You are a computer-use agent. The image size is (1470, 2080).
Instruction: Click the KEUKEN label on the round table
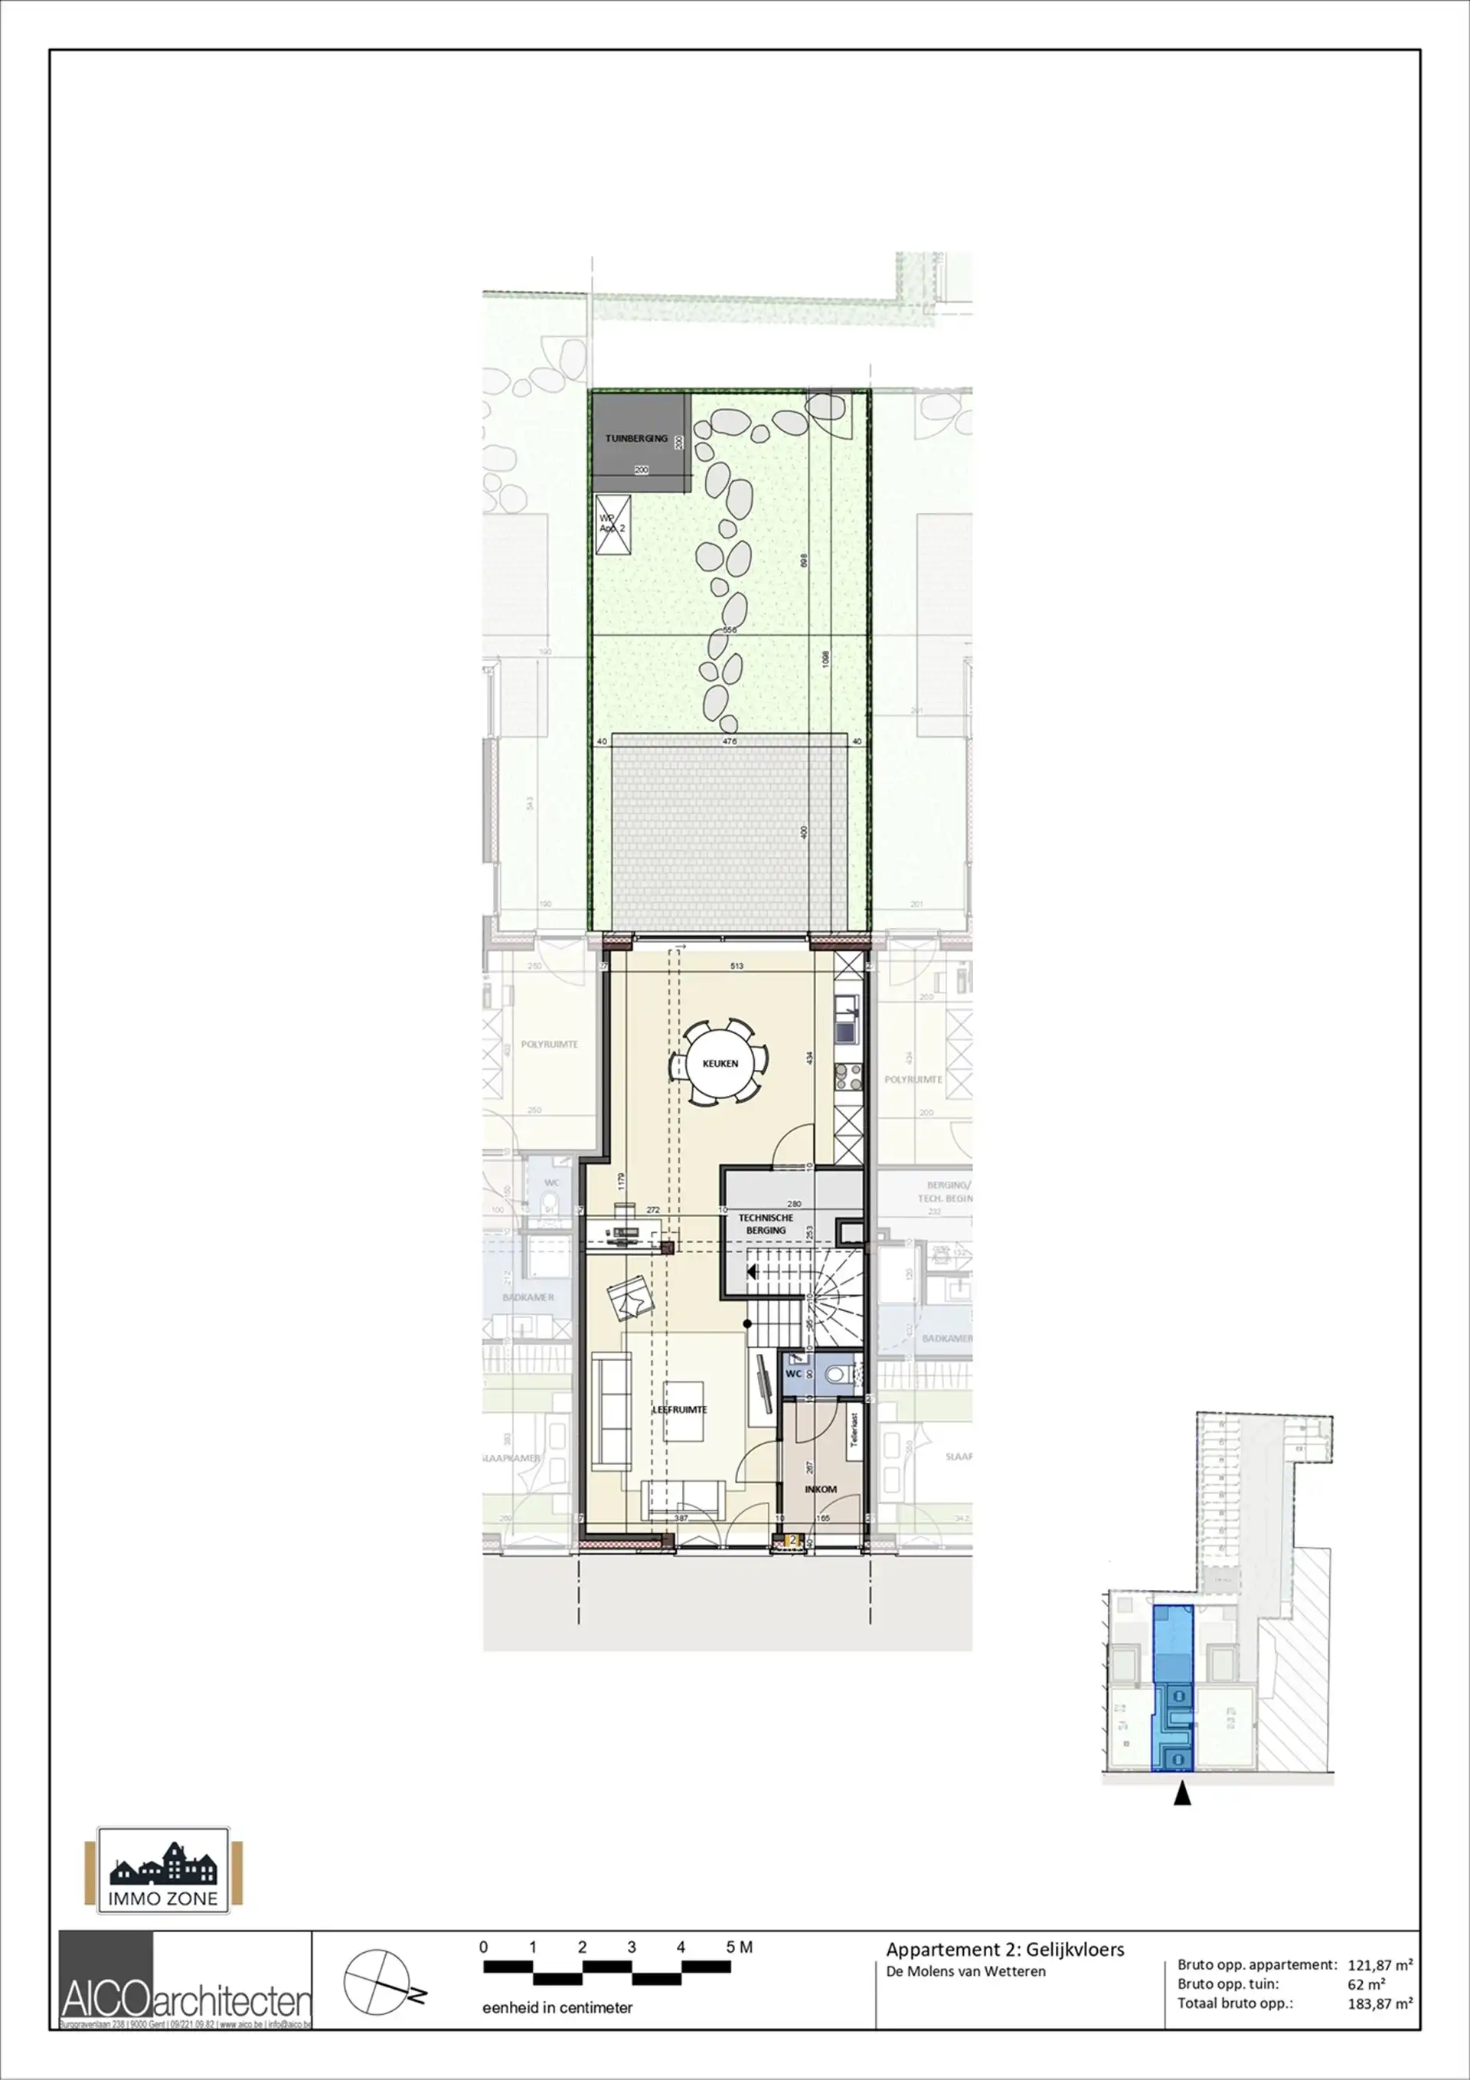pos(720,1064)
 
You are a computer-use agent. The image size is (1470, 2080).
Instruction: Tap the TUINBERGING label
pos(635,439)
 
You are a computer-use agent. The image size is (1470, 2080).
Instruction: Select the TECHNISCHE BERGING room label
pos(766,1224)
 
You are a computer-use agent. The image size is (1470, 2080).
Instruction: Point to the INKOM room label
pos(821,1489)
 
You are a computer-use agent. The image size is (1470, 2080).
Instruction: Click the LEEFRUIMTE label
pos(679,1410)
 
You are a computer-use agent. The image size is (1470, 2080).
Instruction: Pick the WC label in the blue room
pos(792,1373)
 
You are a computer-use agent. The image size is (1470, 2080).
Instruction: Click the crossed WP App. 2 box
pos(613,525)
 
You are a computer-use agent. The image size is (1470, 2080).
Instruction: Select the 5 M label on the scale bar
pos(739,1947)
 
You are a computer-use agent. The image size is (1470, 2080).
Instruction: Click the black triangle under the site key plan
pos(1181,1794)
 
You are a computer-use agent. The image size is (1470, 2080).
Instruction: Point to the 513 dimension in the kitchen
pos(737,966)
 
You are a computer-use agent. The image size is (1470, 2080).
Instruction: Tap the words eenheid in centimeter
pos(557,2007)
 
